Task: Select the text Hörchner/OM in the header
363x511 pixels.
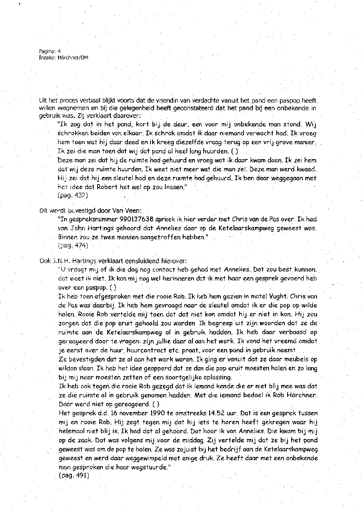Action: click(71, 58)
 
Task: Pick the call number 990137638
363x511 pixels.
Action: click(144, 219)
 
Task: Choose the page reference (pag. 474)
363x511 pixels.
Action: click(73, 245)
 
